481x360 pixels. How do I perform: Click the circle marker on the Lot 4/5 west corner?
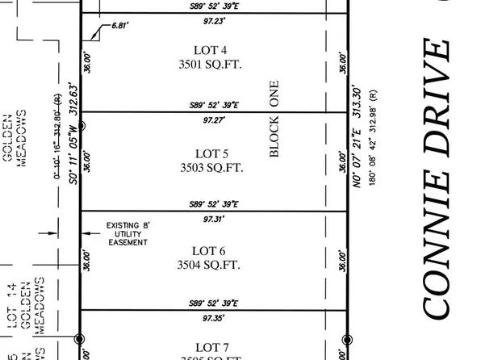click(80, 126)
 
